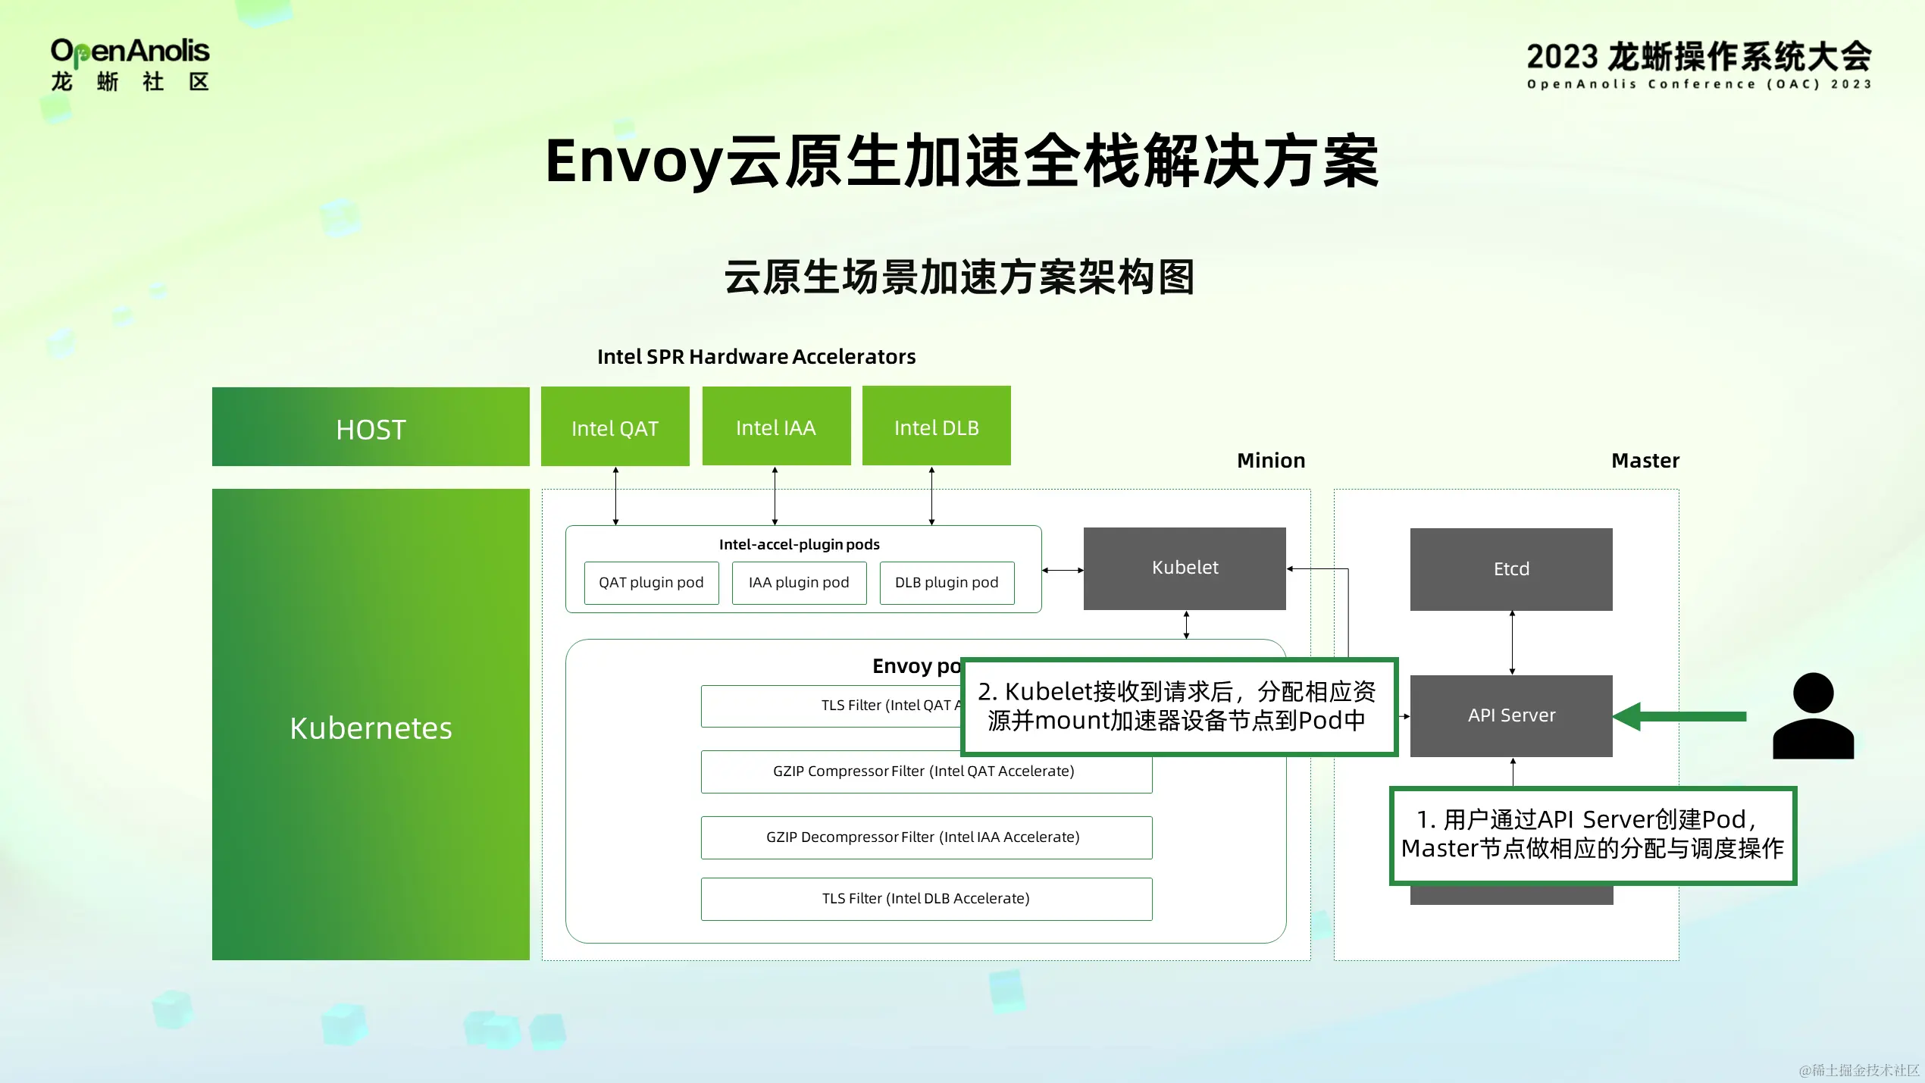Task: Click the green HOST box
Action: (371, 427)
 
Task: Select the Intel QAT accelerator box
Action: (615, 427)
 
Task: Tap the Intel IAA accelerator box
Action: (776, 426)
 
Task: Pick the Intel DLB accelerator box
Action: (936, 426)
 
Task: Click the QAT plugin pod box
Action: (651, 582)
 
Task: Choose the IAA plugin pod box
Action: (799, 582)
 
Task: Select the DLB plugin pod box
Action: (947, 582)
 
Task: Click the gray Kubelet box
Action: (1185, 568)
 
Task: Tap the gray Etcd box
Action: (1511, 569)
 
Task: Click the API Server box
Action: (1511, 715)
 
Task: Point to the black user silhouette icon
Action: (1813, 716)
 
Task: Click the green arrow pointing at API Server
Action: (1679, 716)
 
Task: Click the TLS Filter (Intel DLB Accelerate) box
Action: (926, 899)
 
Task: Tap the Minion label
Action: (1271, 460)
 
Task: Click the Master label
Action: (1645, 460)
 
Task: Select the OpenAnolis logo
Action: (130, 65)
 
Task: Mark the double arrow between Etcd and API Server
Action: (1512, 643)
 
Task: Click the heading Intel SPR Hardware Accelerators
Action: (756, 356)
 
